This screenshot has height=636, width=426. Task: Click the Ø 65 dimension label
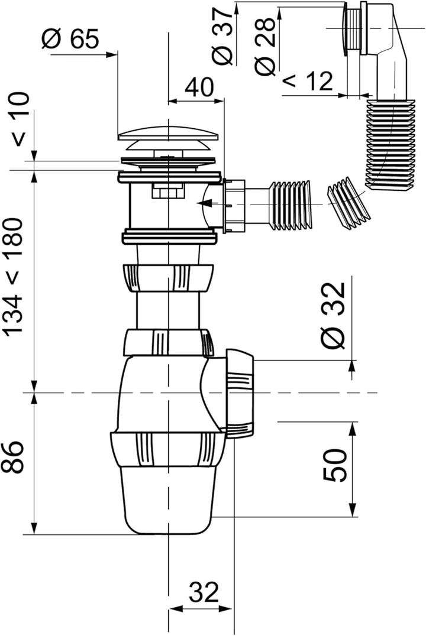click(70, 39)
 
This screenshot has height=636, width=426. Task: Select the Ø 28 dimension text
click(265, 47)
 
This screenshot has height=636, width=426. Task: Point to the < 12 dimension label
click(307, 82)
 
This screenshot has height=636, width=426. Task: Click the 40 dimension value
click(199, 87)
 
